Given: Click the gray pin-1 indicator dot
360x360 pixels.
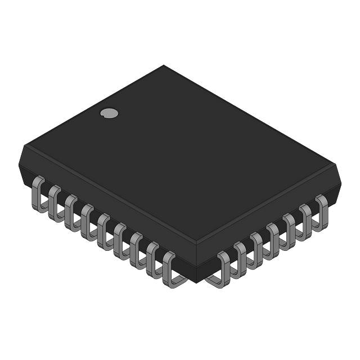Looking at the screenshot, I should coord(109,113).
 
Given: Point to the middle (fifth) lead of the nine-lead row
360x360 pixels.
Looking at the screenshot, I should coord(103,231).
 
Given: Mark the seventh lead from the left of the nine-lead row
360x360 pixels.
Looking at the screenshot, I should coord(136,250).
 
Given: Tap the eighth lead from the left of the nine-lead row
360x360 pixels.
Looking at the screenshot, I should coord(152,259).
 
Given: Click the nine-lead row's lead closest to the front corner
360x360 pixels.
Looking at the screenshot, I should coord(169,268).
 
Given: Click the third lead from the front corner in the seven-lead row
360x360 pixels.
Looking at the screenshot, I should coord(256,249).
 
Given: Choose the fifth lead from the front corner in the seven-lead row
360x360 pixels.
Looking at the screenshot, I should coord(289,231).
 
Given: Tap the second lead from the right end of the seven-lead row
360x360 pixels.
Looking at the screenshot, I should coord(305,221).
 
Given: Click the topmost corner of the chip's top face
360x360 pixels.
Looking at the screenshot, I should coord(164,66).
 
